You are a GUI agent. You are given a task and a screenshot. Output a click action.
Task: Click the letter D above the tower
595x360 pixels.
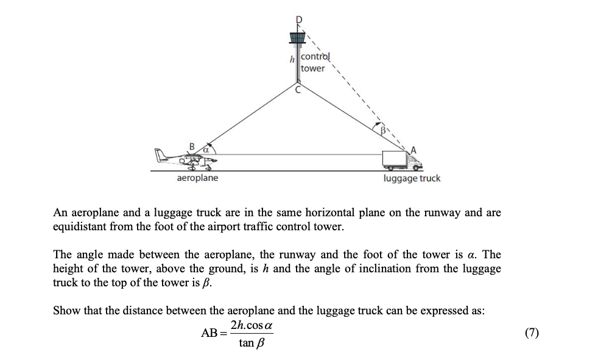298,20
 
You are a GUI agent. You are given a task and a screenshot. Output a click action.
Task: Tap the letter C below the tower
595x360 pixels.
298,90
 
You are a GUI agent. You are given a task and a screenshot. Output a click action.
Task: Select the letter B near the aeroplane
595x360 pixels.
192,146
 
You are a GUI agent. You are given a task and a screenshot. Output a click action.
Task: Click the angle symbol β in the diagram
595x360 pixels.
384,130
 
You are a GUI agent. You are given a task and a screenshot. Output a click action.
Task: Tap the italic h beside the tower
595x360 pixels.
292,59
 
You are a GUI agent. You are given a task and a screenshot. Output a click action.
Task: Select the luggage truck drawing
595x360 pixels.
401,160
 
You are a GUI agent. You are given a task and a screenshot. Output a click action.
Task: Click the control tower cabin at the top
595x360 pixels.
297,38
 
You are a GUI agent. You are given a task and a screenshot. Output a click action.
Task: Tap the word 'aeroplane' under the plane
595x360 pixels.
197,178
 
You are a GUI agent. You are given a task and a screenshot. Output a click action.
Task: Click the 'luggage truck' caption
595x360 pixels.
412,178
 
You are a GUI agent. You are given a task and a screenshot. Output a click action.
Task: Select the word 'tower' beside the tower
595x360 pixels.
313,68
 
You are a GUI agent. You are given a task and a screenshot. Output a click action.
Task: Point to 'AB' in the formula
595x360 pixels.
209,333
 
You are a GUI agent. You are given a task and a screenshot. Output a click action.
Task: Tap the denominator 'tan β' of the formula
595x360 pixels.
251,343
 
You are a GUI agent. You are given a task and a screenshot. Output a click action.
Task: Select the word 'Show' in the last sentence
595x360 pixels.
66,310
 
